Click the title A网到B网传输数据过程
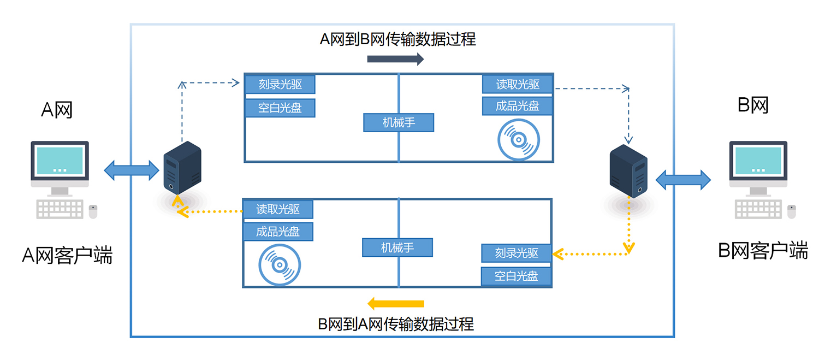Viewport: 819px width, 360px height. click(397, 39)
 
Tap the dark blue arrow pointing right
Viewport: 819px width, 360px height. click(395, 59)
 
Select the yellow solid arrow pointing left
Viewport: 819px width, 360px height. click(395, 303)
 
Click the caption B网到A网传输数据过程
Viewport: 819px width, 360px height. click(396, 324)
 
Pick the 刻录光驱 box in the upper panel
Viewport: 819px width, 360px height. click(280, 85)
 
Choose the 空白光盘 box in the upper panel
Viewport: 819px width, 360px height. click(280, 108)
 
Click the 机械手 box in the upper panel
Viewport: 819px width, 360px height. click(399, 122)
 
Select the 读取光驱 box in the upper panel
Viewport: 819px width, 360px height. click(518, 84)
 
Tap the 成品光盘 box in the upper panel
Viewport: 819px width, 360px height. click(518, 106)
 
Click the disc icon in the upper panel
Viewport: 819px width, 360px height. click(518, 140)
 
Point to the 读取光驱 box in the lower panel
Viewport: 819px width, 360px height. click(278, 209)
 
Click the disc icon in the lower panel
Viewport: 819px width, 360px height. click(279, 265)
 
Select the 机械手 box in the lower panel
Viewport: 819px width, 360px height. click(397, 247)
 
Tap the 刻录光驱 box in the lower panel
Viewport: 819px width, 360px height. click(517, 253)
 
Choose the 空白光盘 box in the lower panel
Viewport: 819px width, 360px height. click(516, 276)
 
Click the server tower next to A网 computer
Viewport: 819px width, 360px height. click(182, 168)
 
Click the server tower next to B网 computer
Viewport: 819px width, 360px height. click(628, 170)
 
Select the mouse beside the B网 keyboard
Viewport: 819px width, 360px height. click(791, 211)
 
